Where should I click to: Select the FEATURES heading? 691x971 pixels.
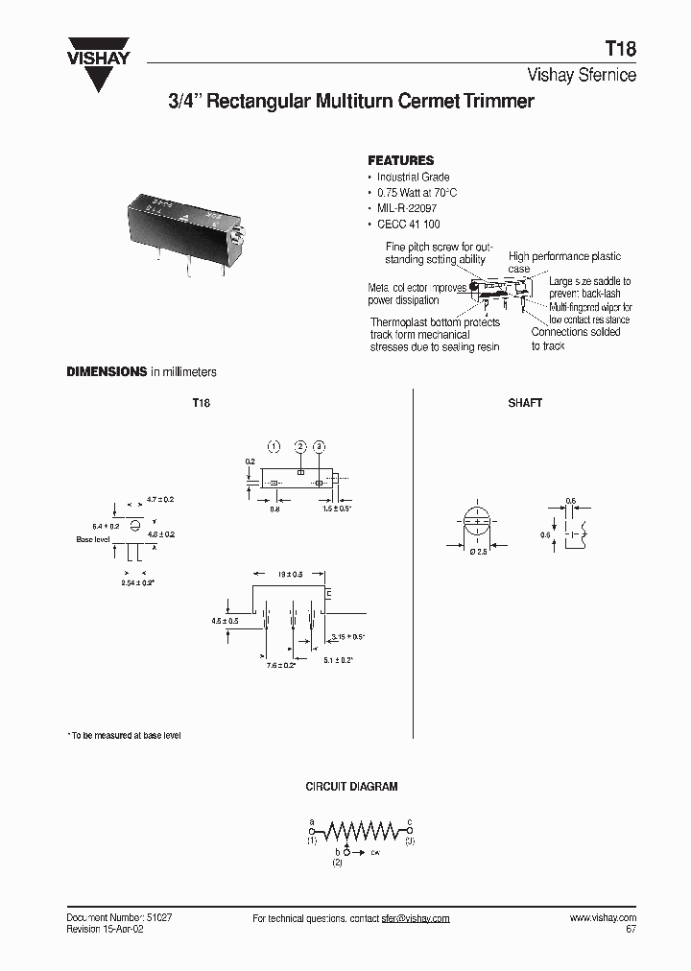(x=401, y=160)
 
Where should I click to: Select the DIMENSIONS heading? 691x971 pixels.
(x=106, y=371)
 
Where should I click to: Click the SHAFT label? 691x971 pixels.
(x=525, y=403)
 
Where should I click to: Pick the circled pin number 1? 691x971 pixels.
(x=273, y=447)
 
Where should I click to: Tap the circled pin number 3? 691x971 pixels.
(x=320, y=447)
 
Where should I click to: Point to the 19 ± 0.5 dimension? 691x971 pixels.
(x=290, y=573)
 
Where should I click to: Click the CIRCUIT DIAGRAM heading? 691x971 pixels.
(x=351, y=787)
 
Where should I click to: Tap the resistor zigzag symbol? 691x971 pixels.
(x=361, y=829)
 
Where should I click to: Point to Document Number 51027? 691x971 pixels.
(x=119, y=917)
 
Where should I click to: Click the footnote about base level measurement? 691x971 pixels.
(x=124, y=735)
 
